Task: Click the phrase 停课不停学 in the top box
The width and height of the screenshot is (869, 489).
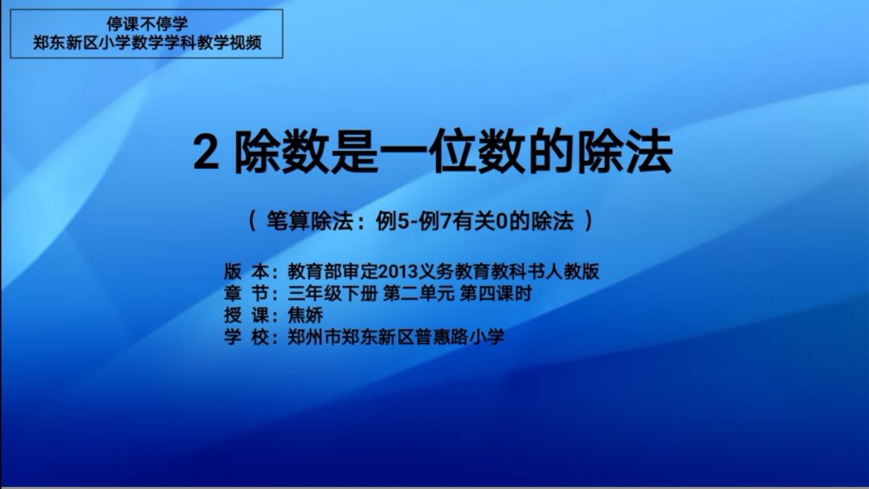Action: pyautogui.click(x=147, y=23)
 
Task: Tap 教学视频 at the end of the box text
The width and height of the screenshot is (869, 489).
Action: pyautogui.click(x=229, y=43)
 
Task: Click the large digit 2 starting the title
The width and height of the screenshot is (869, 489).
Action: pyautogui.click(x=206, y=153)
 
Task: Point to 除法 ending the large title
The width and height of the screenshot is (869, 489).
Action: pyautogui.click(x=625, y=151)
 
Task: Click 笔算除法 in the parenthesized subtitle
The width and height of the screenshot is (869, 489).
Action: pyautogui.click(x=309, y=221)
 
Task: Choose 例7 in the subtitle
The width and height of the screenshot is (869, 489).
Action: pyautogui.click(x=435, y=221)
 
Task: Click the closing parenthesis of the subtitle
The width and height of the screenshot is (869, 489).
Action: pyautogui.click(x=588, y=221)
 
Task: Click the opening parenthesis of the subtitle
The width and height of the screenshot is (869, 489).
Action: pyautogui.click(x=252, y=221)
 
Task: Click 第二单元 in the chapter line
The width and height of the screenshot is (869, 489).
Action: pyautogui.click(x=418, y=293)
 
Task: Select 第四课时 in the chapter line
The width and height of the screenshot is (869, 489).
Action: pyautogui.click(x=496, y=293)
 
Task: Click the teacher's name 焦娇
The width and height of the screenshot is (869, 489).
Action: pyautogui.click(x=305, y=315)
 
